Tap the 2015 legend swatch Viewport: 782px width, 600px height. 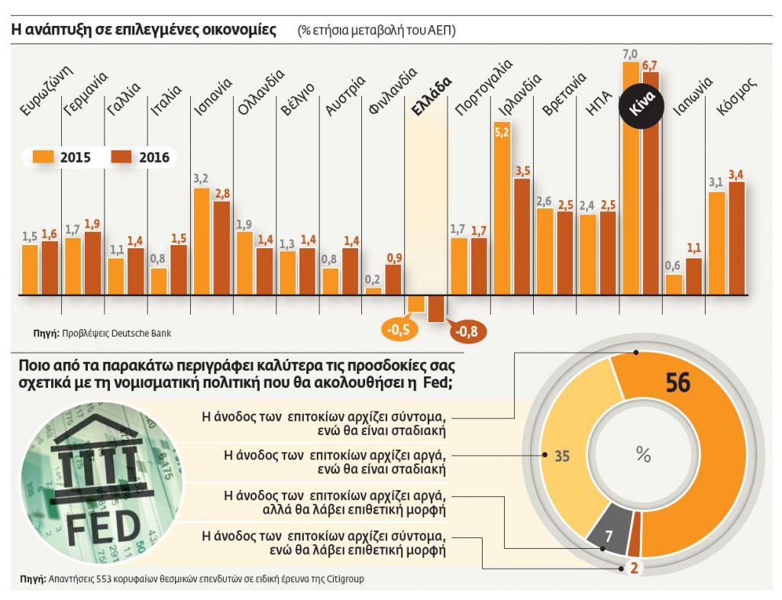(42, 157)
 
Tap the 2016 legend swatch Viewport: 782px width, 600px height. (122, 157)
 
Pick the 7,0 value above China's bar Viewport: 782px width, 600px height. (630, 54)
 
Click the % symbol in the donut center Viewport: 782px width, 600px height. (643, 456)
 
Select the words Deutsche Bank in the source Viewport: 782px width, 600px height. (147, 334)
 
